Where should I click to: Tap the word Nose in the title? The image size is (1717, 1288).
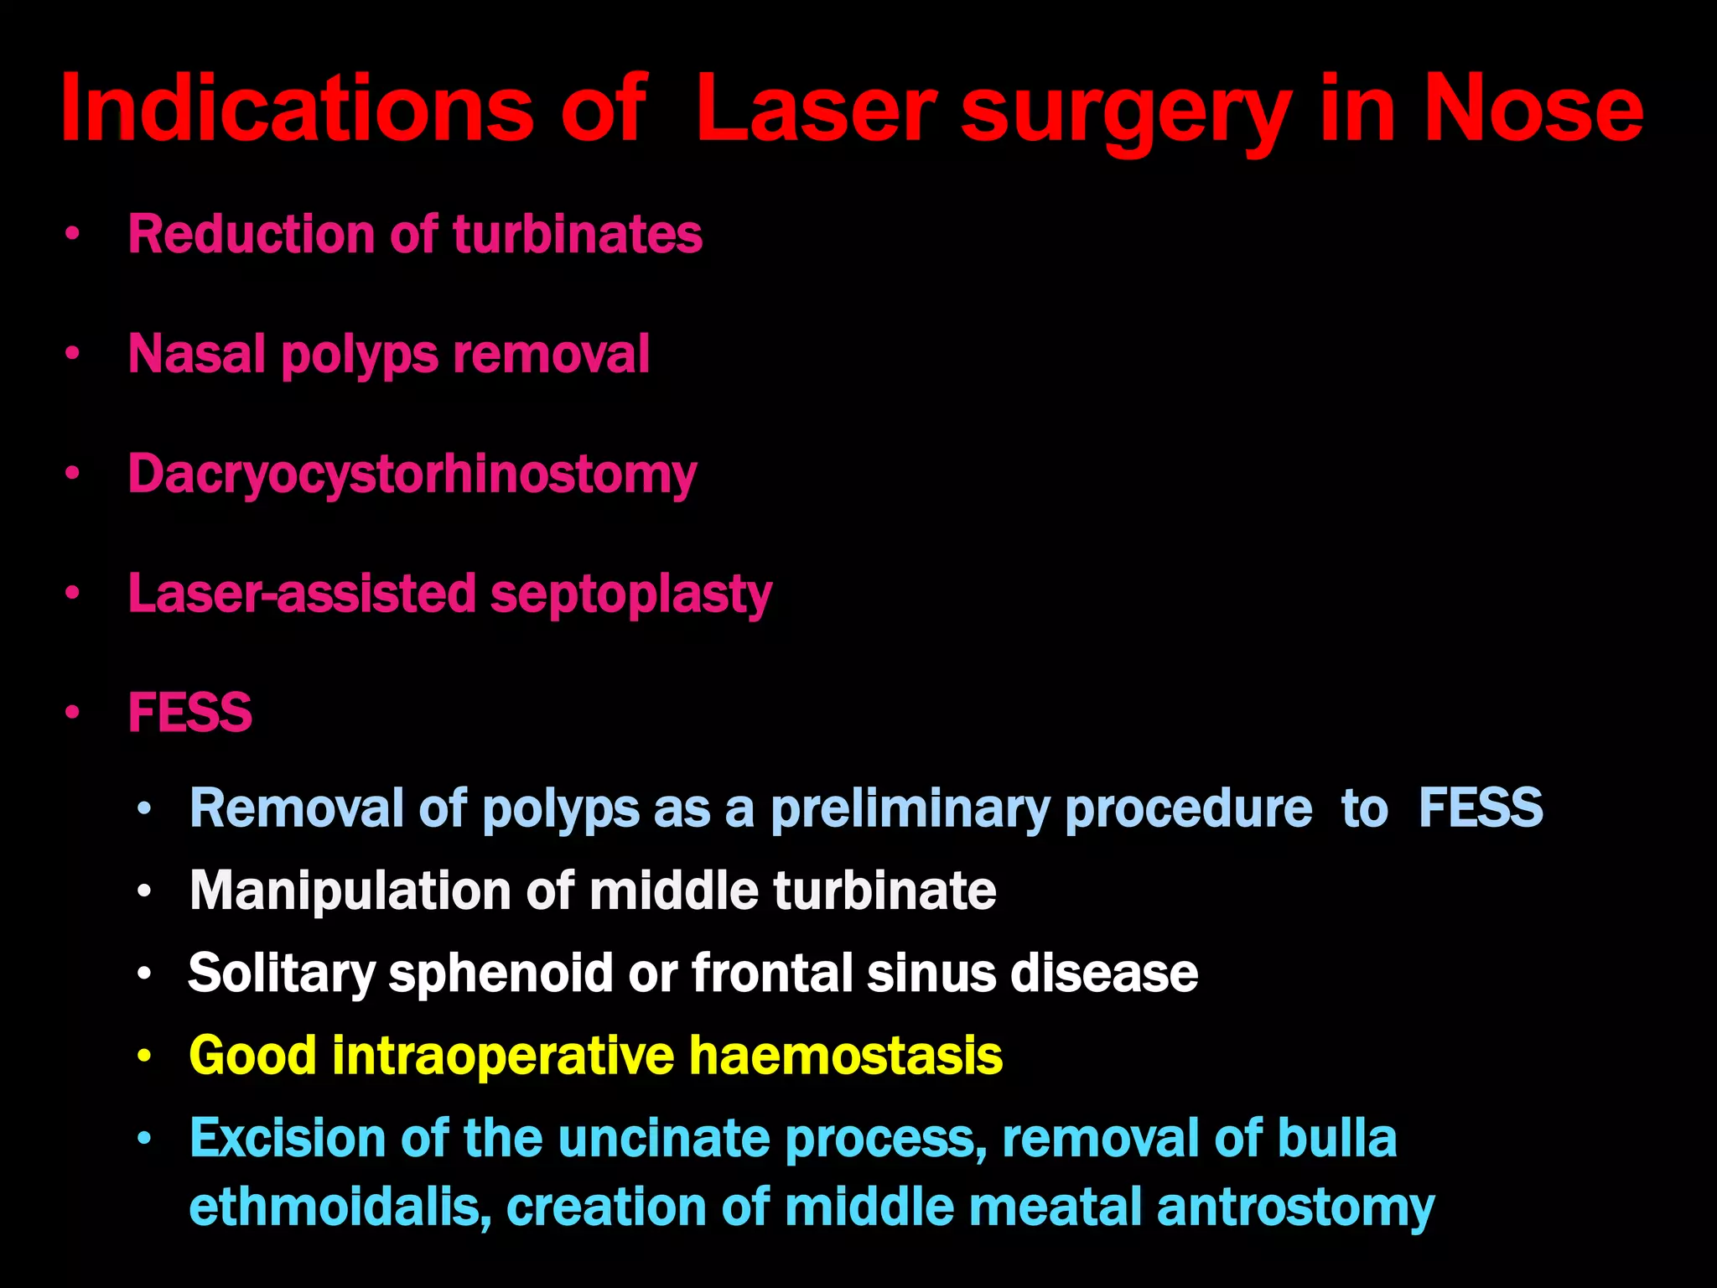[x=1533, y=110]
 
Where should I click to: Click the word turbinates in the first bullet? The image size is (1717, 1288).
[x=578, y=234]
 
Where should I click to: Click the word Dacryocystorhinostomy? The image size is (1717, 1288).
[x=412, y=475]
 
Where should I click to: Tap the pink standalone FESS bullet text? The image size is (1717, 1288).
[x=189, y=714]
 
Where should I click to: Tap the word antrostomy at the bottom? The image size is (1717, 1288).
[x=1296, y=1207]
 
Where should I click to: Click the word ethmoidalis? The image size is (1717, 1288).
[x=340, y=1207]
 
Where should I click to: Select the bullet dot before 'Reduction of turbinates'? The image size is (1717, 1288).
[x=73, y=235]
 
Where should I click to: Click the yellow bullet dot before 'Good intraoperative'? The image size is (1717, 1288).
[x=145, y=1057]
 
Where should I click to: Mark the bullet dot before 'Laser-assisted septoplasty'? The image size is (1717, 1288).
[x=73, y=595]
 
